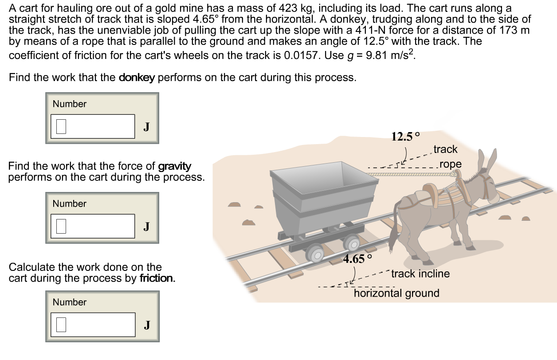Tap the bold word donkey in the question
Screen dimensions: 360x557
point(137,78)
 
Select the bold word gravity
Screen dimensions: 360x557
point(175,167)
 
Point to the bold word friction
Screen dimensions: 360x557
point(157,279)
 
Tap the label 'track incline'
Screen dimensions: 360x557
point(420,274)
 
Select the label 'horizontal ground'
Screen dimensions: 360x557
point(396,293)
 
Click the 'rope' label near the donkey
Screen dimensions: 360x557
point(451,164)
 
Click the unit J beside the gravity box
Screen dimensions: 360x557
point(146,227)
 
